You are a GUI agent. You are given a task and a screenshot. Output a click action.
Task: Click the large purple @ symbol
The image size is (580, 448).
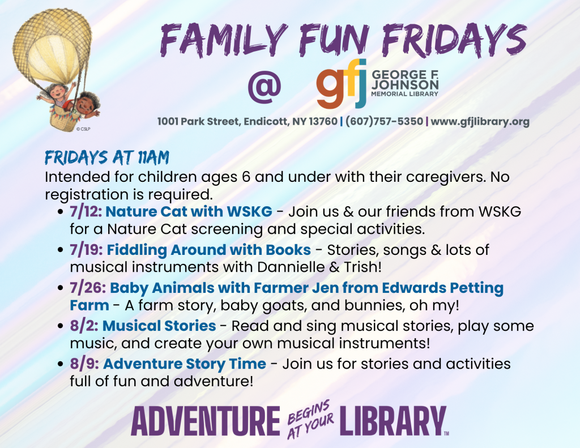tap(264, 86)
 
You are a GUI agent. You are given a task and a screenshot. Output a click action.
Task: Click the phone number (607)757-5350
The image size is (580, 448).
tap(383, 122)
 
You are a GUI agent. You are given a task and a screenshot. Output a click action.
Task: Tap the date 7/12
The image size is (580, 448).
tap(85, 212)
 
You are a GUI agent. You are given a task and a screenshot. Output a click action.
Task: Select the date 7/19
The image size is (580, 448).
tap(86, 250)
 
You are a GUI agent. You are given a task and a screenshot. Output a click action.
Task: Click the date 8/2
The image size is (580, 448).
tap(83, 326)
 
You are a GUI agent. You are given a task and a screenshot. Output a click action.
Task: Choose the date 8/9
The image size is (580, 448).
tap(83, 364)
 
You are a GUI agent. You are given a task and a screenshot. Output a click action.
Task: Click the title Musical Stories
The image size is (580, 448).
tap(159, 326)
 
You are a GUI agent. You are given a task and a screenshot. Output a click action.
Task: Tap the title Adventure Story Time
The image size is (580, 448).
tap(184, 364)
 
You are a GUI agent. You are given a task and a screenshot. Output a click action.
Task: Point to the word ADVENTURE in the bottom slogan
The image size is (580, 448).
tap(206, 422)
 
